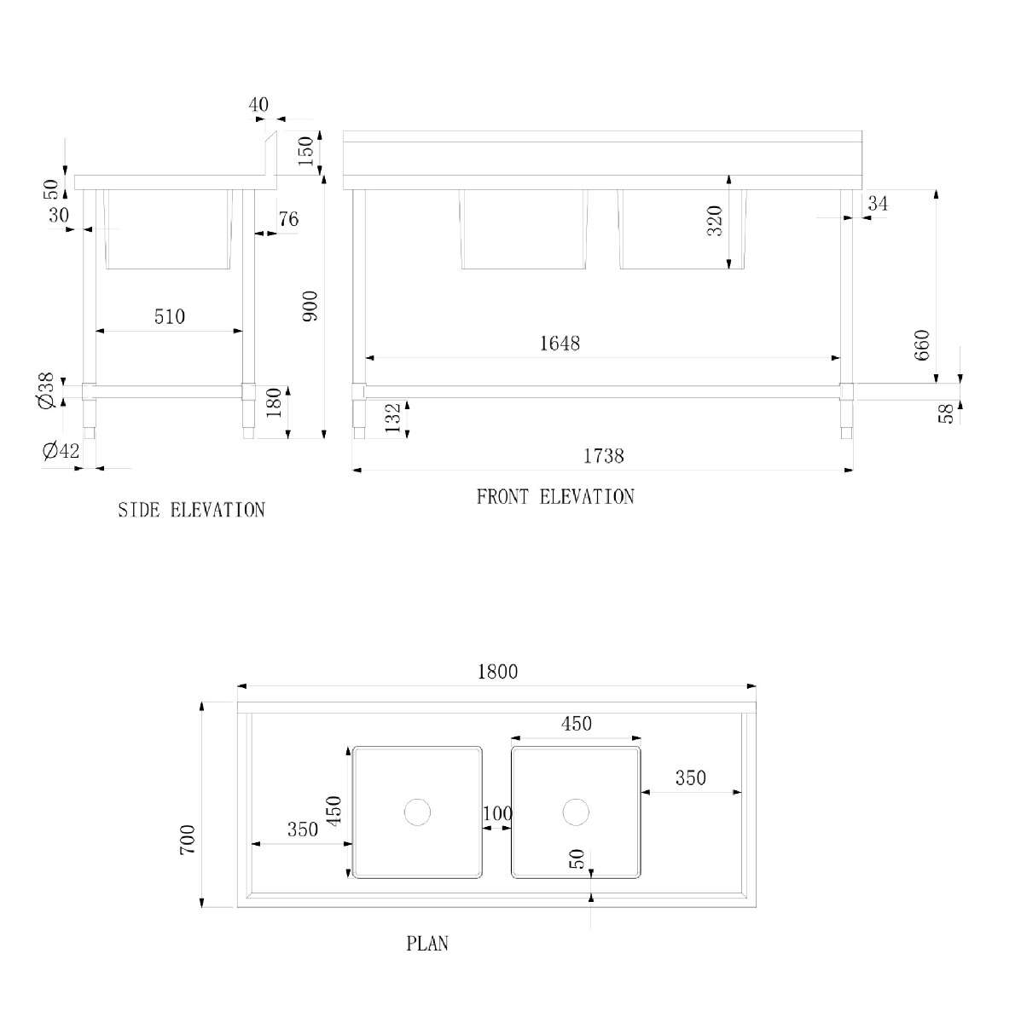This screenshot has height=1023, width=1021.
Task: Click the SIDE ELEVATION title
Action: [191, 510]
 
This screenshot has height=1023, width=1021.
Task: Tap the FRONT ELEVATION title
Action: [555, 497]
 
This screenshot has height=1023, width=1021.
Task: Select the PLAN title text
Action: [427, 944]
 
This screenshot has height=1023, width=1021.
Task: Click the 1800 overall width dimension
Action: [497, 672]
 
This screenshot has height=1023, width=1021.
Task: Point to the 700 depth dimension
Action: [188, 840]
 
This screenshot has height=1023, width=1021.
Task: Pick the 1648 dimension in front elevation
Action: [560, 344]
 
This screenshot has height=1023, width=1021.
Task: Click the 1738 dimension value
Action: [603, 455]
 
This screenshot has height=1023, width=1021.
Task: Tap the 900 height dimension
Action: [309, 306]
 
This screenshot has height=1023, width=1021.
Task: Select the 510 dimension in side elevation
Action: [170, 317]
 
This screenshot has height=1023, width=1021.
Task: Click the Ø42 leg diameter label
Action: [61, 451]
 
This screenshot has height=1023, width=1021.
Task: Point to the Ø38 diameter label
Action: [46, 390]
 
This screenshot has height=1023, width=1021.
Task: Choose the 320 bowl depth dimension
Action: [715, 221]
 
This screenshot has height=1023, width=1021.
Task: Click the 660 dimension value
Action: [922, 345]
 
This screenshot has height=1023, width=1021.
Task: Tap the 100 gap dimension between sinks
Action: [498, 812]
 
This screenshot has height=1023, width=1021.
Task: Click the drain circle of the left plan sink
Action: [418, 812]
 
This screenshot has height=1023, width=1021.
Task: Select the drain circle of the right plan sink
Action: [576, 812]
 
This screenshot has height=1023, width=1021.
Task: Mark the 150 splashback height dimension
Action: [305, 151]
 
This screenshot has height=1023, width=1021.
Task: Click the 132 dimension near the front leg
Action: [392, 419]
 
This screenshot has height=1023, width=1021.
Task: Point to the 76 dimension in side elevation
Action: [288, 219]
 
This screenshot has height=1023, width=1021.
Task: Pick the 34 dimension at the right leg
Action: [878, 204]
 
